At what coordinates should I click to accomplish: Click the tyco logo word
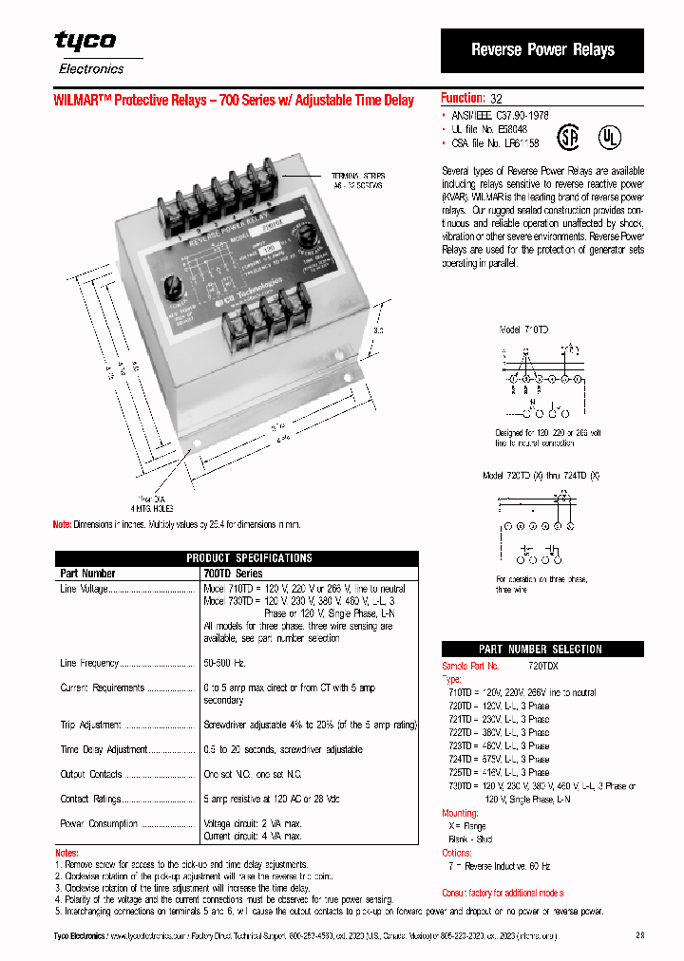pyautogui.click(x=85, y=41)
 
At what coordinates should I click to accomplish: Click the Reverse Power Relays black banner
pyautogui.click(x=542, y=50)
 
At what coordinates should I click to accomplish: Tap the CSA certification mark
pyautogui.click(x=567, y=138)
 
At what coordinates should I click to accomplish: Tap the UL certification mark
pyautogui.click(x=608, y=137)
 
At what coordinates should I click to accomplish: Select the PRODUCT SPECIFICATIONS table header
pyautogui.click(x=237, y=558)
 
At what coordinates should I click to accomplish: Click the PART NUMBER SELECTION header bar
pyautogui.click(x=541, y=650)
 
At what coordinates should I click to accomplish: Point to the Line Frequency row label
pyautogui.click(x=89, y=663)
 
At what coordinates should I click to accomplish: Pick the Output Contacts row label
pyautogui.click(x=91, y=774)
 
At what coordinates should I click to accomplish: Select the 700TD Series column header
pyautogui.click(x=233, y=574)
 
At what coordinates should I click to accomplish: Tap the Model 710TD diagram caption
pyautogui.click(x=523, y=329)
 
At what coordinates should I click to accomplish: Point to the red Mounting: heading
pyautogui.click(x=460, y=814)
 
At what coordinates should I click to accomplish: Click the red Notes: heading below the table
pyautogui.click(x=66, y=853)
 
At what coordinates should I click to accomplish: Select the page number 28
pyautogui.click(x=639, y=936)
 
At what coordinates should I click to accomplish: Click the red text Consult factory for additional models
pyautogui.click(x=503, y=893)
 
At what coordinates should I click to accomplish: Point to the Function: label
pyautogui.click(x=463, y=98)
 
